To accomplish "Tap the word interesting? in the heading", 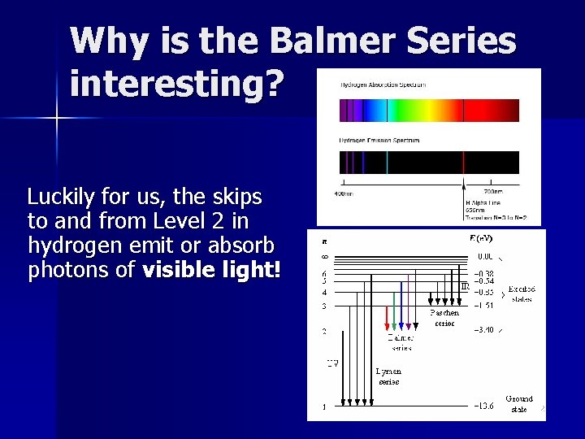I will coord(177,83).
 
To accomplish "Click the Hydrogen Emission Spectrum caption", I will coord(379,140).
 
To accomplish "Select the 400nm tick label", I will coord(343,193).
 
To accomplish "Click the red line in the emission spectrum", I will coord(463,162).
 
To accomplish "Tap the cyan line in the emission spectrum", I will coord(387,162).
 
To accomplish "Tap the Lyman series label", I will coord(388,376).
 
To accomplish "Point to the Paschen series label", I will coord(444,317).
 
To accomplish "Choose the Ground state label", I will coord(519,404).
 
